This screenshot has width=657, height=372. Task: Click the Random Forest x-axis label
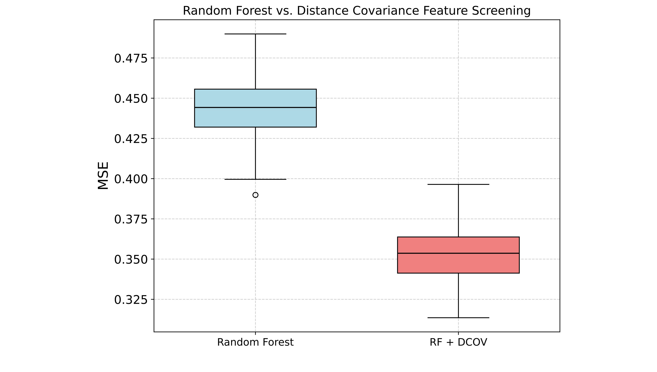pyautogui.click(x=255, y=342)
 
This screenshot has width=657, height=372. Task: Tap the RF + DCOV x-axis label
pyautogui.click(x=458, y=342)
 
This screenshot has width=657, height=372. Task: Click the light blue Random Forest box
pyautogui.click(x=255, y=118)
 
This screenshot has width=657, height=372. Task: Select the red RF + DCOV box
pyautogui.click(x=458, y=263)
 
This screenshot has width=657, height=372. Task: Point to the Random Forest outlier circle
pyautogui.click(x=255, y=195)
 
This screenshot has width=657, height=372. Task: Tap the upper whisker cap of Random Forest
pyautogui.click(x=255, y=34)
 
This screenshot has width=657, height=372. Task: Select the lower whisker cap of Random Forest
pyautogui.click(x=255, y=179)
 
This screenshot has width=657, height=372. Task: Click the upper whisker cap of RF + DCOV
pyautogui.click(x=458, y=184)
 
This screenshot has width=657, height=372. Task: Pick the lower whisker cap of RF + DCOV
pyautogui.click(x=458, y=318)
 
